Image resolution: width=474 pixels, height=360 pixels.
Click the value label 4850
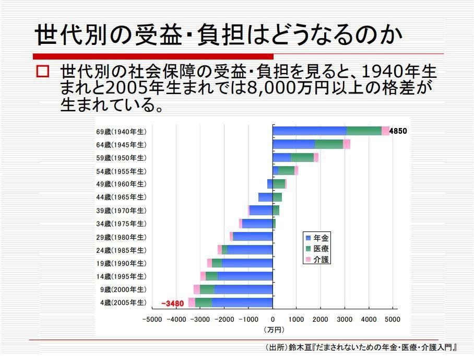coord(398,131)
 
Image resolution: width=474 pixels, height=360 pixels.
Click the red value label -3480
coord(173,303)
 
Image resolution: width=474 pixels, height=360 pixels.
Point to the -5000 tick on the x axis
coord(152,319)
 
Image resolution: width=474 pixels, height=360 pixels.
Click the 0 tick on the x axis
coord(272,319)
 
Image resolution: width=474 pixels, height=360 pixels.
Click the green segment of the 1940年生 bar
coord(364,131)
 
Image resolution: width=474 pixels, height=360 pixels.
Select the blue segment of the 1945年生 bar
coord(294,144)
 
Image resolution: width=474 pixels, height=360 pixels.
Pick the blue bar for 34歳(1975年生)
coord(257,224)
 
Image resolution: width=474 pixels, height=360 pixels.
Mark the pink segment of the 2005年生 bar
coord(192,303)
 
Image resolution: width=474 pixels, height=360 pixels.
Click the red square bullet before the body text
coord(42,71)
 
